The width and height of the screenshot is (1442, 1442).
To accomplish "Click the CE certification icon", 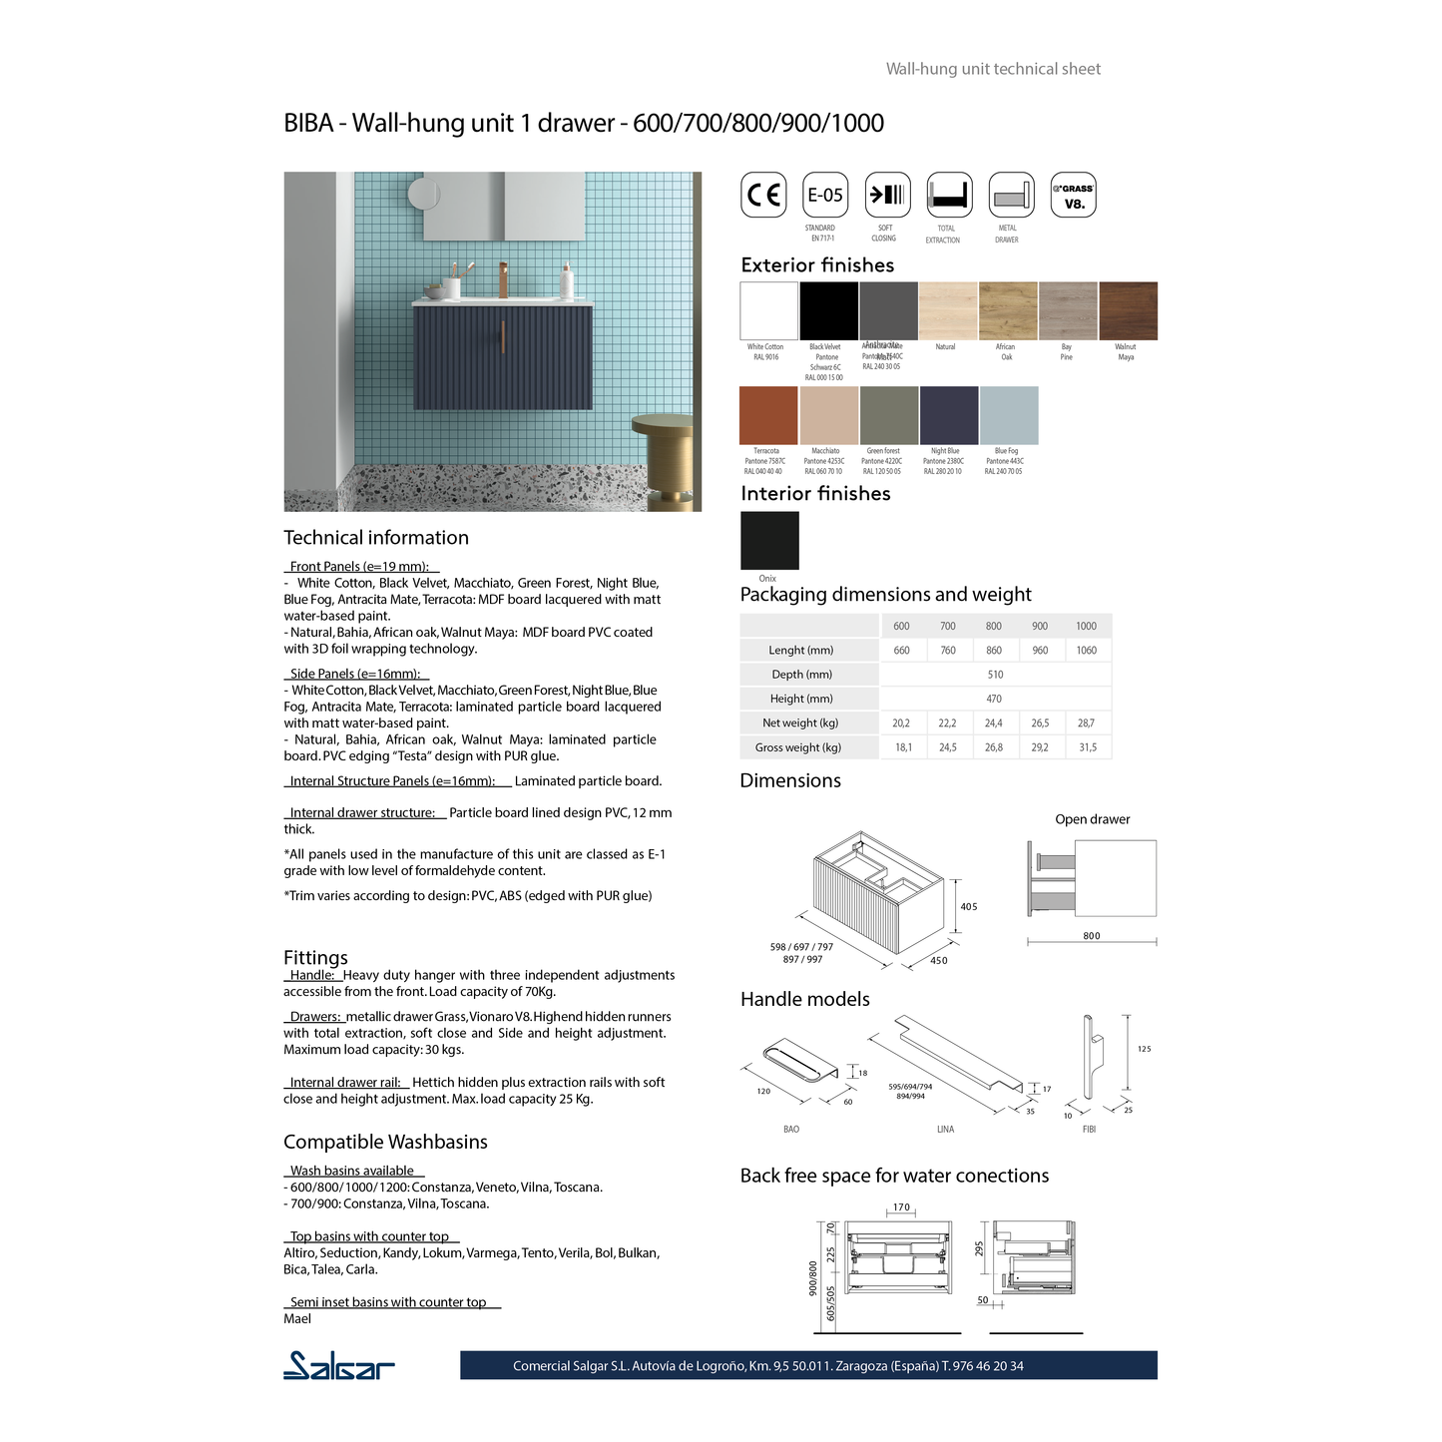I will [763, 195].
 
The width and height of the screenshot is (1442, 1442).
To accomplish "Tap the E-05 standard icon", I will [825, 195].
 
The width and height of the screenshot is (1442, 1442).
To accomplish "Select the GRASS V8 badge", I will [1074, 195].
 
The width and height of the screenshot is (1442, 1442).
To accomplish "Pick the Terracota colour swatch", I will [768, 415].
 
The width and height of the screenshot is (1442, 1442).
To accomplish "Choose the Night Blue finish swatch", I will [949, 415].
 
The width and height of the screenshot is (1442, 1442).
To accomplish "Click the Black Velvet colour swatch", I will [828, 310].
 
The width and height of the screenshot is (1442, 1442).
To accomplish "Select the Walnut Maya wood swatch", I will [1129, 310].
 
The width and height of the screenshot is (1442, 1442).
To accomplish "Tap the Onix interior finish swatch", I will [769, 541].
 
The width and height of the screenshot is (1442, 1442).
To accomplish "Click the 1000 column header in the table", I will [1086, 626].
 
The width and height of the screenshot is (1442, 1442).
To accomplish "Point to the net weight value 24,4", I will [994, 722].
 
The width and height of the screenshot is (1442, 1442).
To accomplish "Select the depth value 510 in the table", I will [995, 675].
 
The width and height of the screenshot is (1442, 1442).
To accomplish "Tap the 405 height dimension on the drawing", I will [969, 906].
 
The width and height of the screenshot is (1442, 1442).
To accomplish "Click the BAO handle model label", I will [791, 1129].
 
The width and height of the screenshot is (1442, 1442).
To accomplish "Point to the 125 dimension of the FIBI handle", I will [1144, 1049].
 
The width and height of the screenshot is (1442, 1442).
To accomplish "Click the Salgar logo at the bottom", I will [339, 1365].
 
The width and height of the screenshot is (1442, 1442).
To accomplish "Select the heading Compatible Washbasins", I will [385, 1142].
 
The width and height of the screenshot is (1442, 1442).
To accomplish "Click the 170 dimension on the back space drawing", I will [901, 1207].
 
